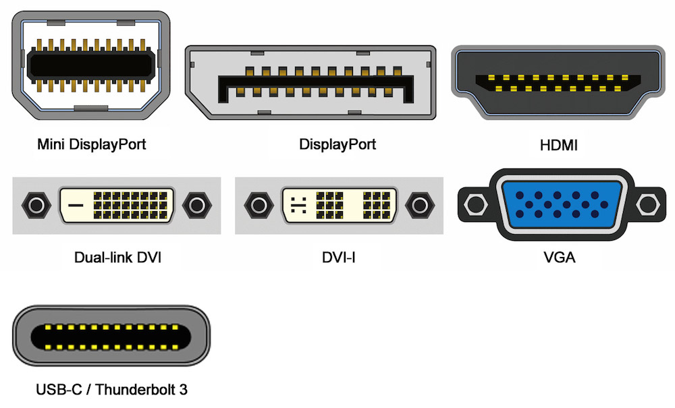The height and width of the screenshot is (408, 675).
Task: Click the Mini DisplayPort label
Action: tap(91, 144)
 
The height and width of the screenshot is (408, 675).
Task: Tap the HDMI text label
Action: tap(559, 144)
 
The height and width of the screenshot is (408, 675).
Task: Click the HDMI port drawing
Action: tap(560, 83)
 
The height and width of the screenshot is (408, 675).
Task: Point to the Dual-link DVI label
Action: tap(117, 257)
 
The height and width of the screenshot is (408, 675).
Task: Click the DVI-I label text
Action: tap(338, 257)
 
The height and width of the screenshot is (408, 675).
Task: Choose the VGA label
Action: tap(559, 257)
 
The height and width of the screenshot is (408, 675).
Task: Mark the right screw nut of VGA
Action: tap(649, 202)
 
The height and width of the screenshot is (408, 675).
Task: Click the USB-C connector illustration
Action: tap(111, 337)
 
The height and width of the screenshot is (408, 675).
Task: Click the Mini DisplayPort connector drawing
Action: tap(91, 66)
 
